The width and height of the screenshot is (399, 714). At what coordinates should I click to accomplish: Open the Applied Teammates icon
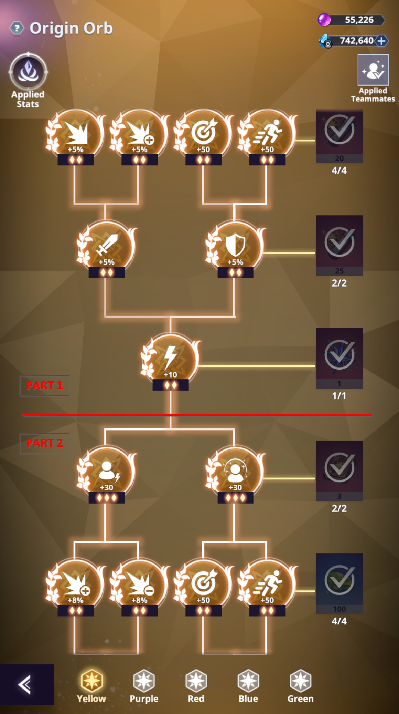pyautogui.click(x=373, y=70)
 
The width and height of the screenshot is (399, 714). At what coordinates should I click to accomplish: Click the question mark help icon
pyautogui.click(x=17, y=28)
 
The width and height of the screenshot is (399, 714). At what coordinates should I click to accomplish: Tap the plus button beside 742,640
pyautogui.click(x=381, y=41)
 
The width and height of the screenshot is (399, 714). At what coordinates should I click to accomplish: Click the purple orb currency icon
pyautogui.click(x=324, y=20)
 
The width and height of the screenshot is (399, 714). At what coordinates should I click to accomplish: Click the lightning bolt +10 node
pyautogui.click(x=171, y=360)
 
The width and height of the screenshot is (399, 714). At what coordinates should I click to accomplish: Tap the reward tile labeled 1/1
pyautogui.click(x=339, y=358)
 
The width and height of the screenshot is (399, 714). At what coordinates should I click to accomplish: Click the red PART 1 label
pyautogui.click(x=44, y=385)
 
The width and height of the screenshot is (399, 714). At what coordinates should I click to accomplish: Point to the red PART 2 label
pyautogui.click(x=44, y=443)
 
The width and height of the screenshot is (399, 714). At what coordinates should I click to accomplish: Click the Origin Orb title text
pyautogui.click(x=71, y=28)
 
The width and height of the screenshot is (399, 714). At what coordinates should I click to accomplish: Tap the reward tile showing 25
pyautogui.click(x=339, y=245)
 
